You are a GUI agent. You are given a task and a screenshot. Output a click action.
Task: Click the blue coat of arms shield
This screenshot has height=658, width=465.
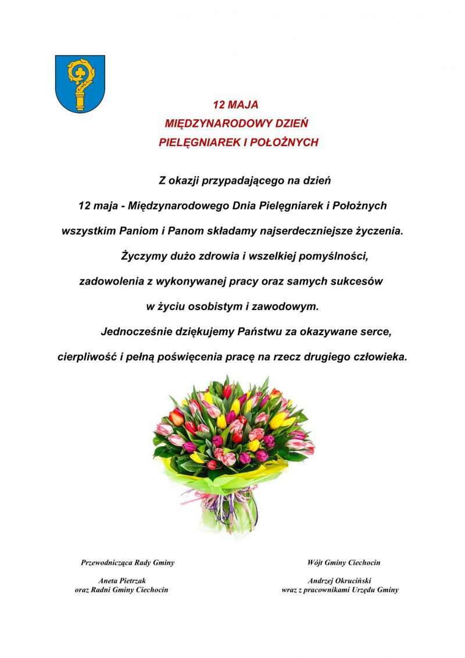pyautogui.click(x=80, y=83)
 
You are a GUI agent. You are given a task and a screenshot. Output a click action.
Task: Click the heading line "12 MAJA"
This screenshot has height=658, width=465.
pyautogui.click(x=235, y=105)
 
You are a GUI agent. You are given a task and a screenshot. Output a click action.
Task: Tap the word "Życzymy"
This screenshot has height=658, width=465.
pyautogui.click(x=141, y=256)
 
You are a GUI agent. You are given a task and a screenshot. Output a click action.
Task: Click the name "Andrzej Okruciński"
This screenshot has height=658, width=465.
pyautogui.click(x=339, y=581)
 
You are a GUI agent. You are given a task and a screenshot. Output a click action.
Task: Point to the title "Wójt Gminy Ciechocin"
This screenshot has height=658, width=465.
pyautogui.click(x=344, y=563)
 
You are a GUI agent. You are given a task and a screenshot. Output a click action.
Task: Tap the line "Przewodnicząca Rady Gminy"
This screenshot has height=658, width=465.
pyautogui.click(x=127, y=563)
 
